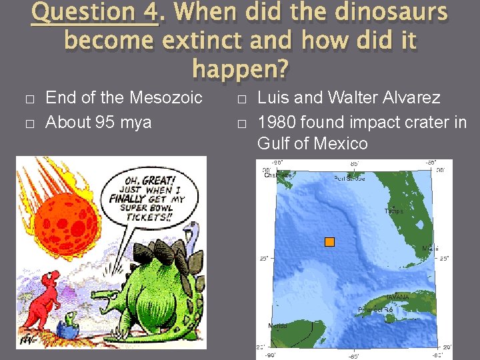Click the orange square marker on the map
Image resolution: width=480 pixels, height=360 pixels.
329,242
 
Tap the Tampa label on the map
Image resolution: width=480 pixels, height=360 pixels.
393,211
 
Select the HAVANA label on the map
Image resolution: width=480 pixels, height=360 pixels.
398,297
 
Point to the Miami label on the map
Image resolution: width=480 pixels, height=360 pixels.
430,249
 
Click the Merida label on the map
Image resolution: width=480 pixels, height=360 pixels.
277,326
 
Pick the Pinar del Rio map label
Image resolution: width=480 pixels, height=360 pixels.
375,310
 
